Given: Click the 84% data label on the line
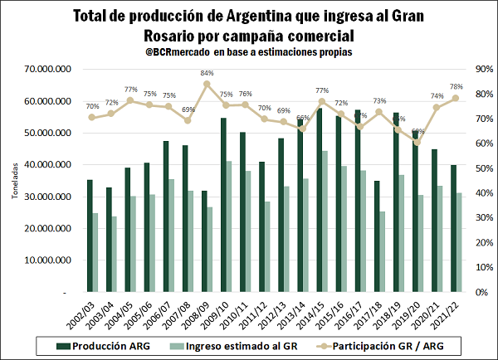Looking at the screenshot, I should (207, 73).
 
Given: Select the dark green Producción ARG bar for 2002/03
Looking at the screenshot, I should (90, 236).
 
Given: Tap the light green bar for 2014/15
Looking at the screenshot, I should (325, 221).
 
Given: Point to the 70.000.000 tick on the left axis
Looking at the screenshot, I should (51, 69).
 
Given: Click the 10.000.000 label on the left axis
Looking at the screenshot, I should (51, 260).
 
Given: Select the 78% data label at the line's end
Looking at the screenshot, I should (456, 86).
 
